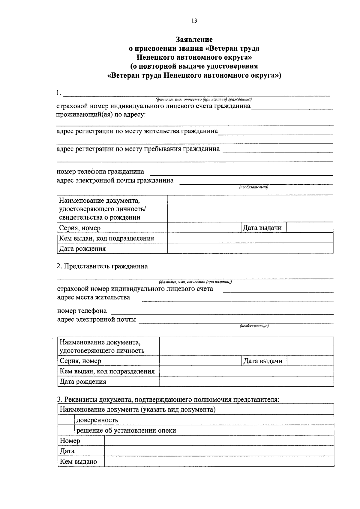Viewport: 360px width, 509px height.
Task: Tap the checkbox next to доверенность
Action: (66, 420)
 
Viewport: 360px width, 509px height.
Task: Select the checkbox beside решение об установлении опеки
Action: (66, 430)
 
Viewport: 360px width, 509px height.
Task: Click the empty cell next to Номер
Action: (219, 441)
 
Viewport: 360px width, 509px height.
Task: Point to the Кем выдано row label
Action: (79, 461)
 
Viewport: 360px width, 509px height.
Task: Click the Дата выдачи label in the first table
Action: (262, 228)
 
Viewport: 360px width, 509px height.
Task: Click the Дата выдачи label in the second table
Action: (263, 361)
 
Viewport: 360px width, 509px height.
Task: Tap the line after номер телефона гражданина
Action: (241, 173)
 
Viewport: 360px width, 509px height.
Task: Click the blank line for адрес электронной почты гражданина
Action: (256, 182)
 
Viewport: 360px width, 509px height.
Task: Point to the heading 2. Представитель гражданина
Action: (102, 266)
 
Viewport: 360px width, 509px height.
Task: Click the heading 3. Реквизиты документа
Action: (168, 399)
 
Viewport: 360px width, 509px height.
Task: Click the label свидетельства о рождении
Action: (100, 217)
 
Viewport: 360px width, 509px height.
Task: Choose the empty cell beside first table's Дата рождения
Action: (250, 249)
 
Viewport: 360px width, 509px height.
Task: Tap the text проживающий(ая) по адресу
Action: (101, 115)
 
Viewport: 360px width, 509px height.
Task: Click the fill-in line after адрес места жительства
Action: (237, 299)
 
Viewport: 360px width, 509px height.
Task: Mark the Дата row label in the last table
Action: (67, 451)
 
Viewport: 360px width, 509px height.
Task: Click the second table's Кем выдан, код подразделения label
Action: (107, 371)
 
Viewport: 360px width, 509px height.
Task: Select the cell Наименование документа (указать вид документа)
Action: (138, 409)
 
